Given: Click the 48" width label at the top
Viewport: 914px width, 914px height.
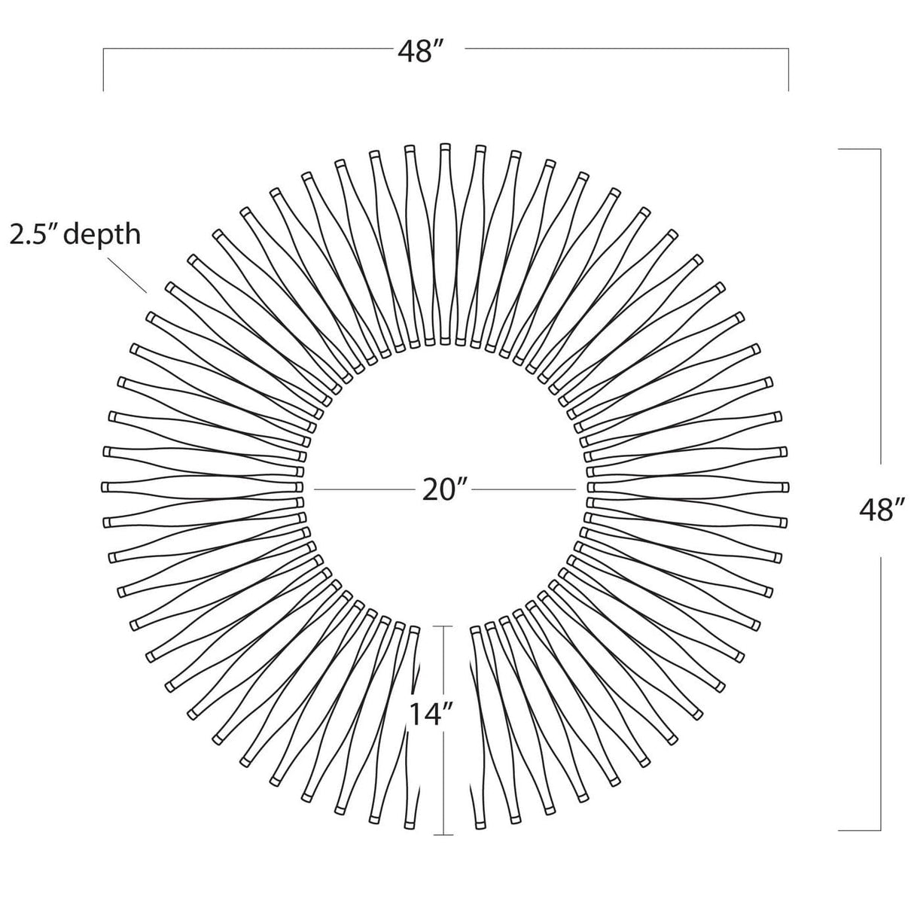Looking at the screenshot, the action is (x=420, y=51).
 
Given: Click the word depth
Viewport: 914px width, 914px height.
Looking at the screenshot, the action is (x=102, y=235).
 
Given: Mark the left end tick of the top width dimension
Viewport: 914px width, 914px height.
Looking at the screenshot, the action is (x=103, y=69).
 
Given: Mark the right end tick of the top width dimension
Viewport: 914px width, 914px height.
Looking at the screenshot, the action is (x=788, y=69).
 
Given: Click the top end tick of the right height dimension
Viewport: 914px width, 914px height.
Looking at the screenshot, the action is (x=860, y=149).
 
